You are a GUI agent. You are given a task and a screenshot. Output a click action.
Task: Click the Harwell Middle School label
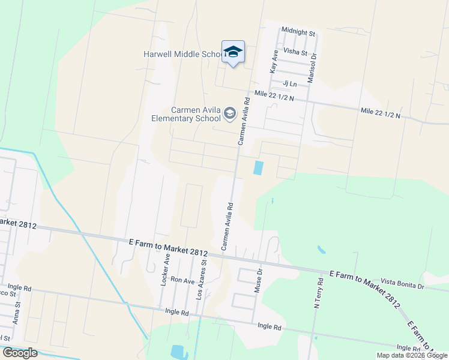(182, 54)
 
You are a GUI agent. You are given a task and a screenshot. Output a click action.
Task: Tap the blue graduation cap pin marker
(233, 52)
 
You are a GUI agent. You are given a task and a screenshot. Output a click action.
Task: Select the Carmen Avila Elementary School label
(196, 114)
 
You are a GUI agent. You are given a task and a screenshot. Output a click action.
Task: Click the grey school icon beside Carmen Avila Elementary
(229, 113)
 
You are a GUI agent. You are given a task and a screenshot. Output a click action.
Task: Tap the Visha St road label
(295, 53)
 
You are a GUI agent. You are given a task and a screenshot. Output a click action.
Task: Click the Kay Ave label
(274, 62)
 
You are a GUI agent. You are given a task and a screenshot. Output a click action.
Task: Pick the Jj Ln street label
(290, 84)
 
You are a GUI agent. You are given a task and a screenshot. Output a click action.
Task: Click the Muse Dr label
(259, 280)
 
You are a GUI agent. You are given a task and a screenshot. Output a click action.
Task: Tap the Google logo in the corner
(19, 353)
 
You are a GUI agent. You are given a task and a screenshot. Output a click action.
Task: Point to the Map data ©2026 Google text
(411, 355)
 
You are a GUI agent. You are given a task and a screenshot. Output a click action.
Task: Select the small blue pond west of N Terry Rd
(321, 249)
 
